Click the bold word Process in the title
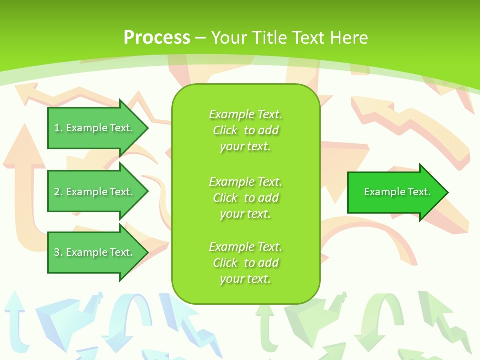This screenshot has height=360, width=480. [157, 38]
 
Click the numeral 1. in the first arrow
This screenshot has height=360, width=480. [58, 128]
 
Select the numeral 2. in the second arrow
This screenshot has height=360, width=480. [58, 192]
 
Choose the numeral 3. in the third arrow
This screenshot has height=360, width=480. [58, 252]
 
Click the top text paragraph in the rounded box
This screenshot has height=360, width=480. [245, 130]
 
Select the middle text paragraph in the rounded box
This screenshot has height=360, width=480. [245, 198]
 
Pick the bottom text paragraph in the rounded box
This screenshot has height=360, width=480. [245, 263]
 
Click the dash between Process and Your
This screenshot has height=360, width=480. [200, 38]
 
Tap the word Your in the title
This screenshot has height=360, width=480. [229, 38]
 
